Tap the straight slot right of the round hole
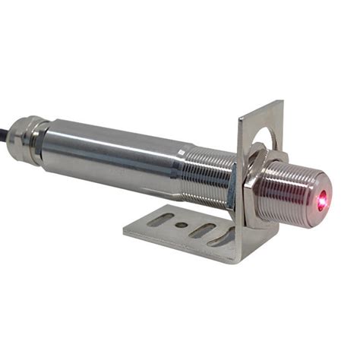[x=201, y=229]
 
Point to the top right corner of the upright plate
[x=281, y=103]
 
